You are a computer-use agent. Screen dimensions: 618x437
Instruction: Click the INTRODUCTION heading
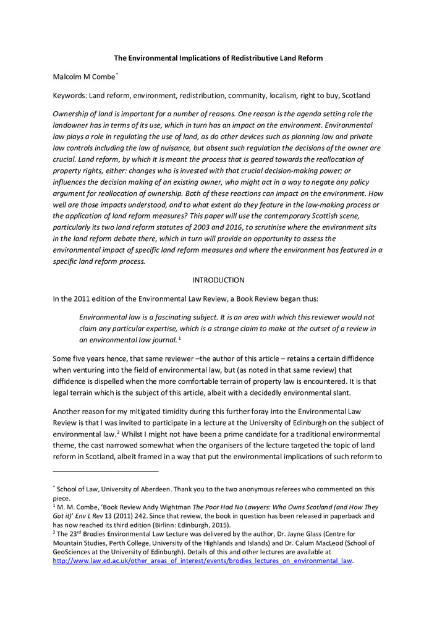tap(218, 280)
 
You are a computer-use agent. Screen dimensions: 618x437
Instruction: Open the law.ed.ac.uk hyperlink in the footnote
tap(202, 561)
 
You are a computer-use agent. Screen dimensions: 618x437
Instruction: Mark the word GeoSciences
tap(74, 552)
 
